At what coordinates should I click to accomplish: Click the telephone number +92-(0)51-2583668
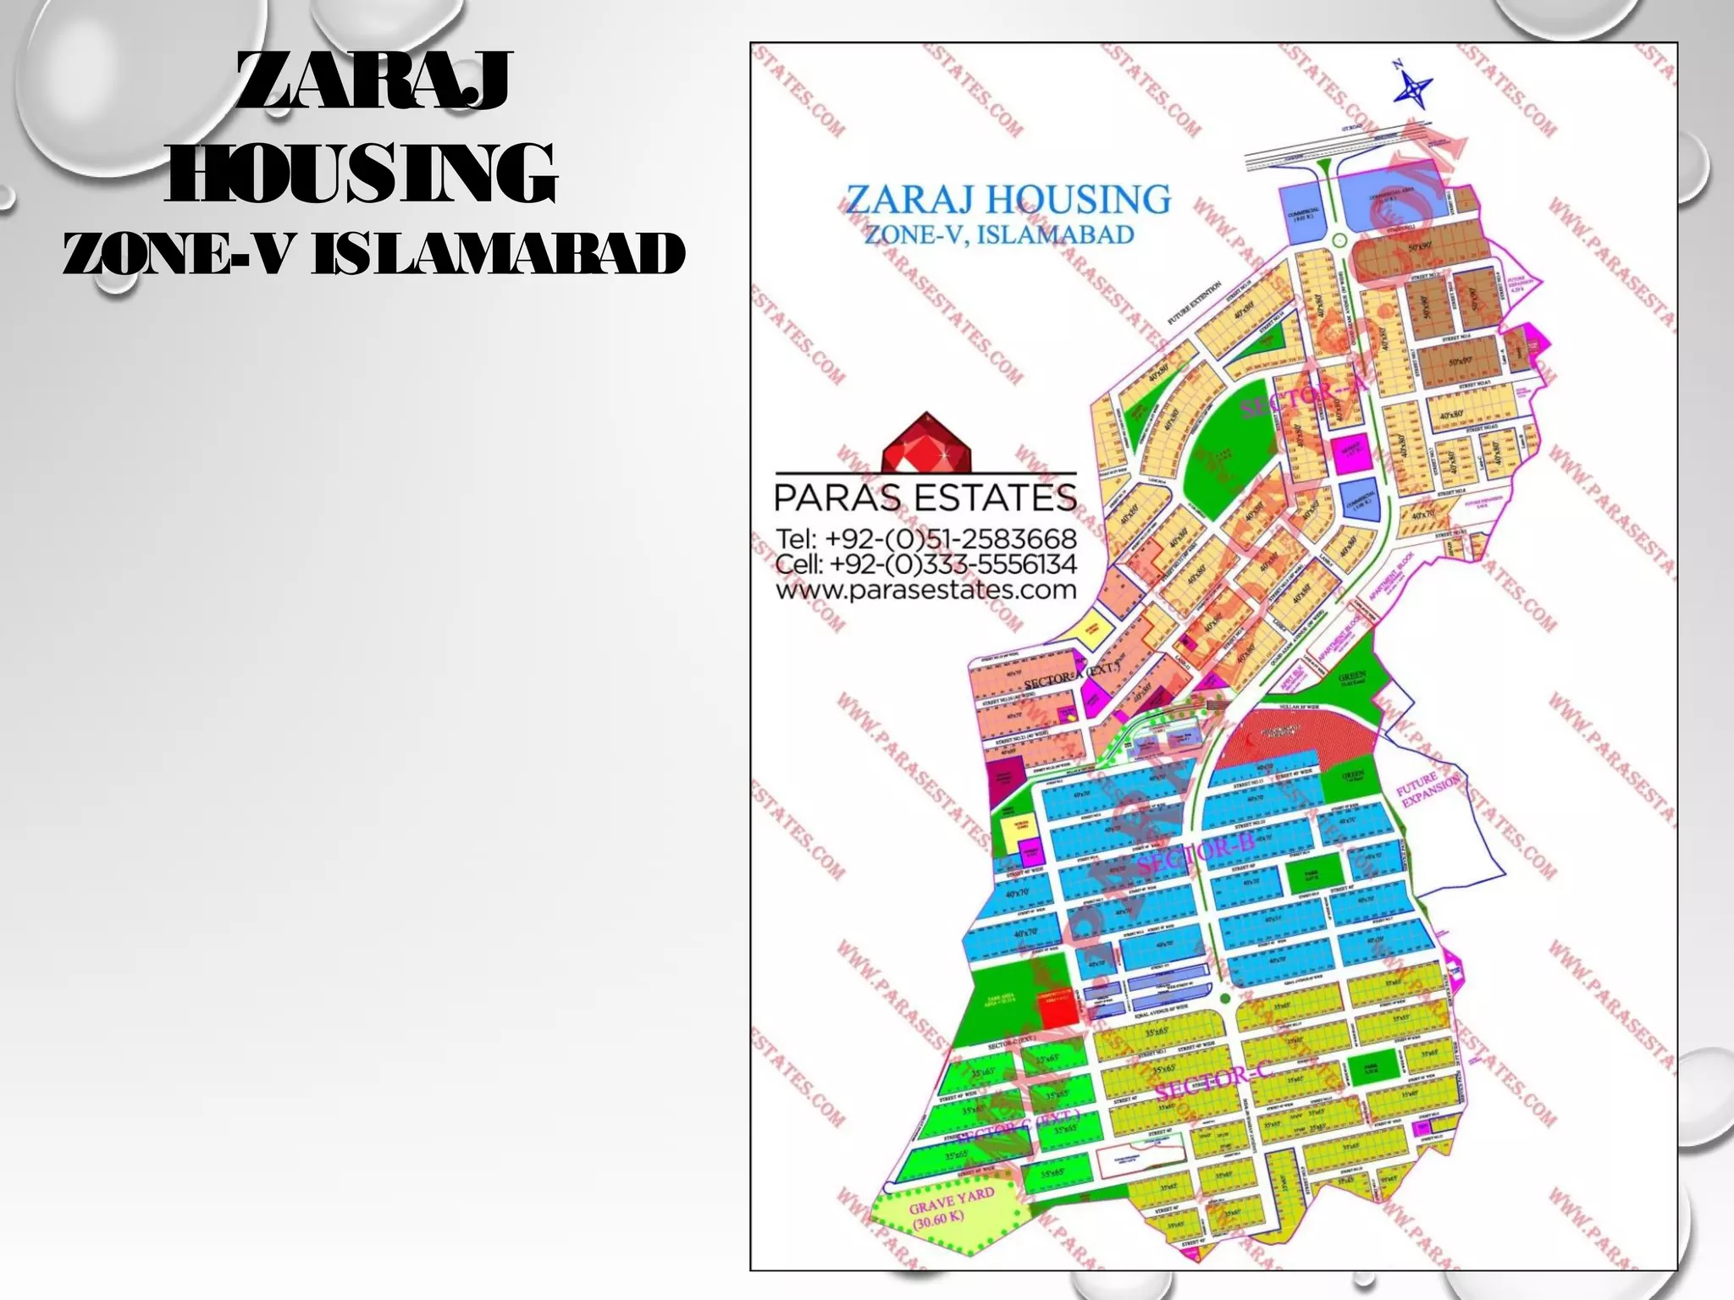click(x=926, y=539)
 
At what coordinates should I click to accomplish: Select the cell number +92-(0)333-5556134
click(x=926, y=565)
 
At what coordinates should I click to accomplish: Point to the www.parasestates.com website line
click(x=926, y=590)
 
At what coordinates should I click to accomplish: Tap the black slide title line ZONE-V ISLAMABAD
click(x=373, y=253)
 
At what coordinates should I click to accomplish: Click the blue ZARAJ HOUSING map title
click(x=1008, y=200)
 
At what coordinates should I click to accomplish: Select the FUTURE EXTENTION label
click(x=1195, y=303)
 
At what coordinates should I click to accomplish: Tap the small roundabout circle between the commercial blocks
click(x=1339, y=241)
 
